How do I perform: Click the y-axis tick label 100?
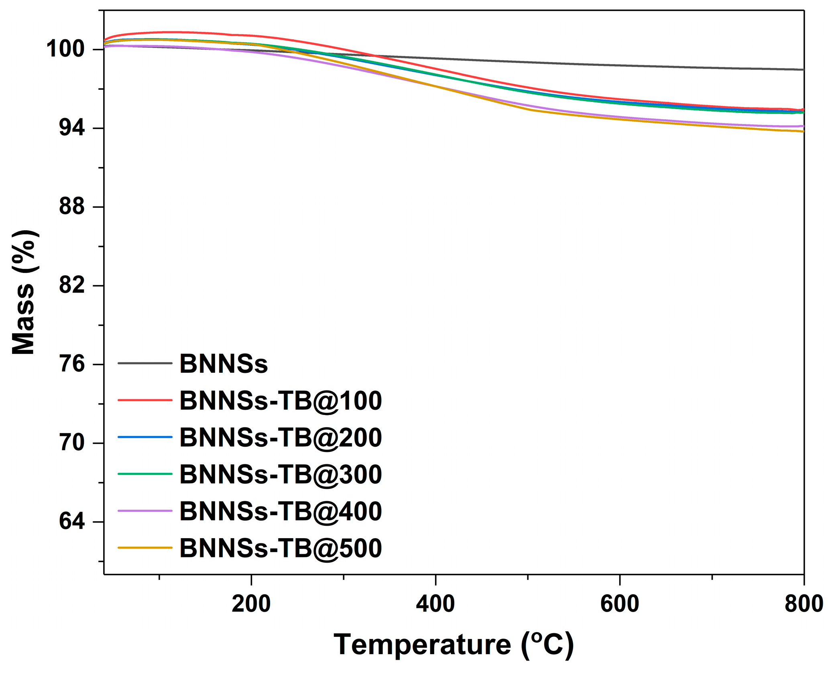65,49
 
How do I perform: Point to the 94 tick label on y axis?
72,128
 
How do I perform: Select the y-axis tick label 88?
72,207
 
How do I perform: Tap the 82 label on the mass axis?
72,285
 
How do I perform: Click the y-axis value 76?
72,364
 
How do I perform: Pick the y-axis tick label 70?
72,443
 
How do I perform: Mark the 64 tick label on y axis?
72,522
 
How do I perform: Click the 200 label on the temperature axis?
251,604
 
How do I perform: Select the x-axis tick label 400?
435,604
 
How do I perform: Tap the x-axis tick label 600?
620,604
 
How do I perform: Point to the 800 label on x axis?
804,604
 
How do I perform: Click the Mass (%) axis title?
24,292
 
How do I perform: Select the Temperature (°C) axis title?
454,645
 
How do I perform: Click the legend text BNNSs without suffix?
224,364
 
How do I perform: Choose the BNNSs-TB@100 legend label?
280,401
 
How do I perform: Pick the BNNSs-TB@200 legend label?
280,437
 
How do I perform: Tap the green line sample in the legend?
145,474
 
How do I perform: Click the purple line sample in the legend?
145,511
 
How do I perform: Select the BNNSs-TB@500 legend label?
280,548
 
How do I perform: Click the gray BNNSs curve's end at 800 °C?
803,70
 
